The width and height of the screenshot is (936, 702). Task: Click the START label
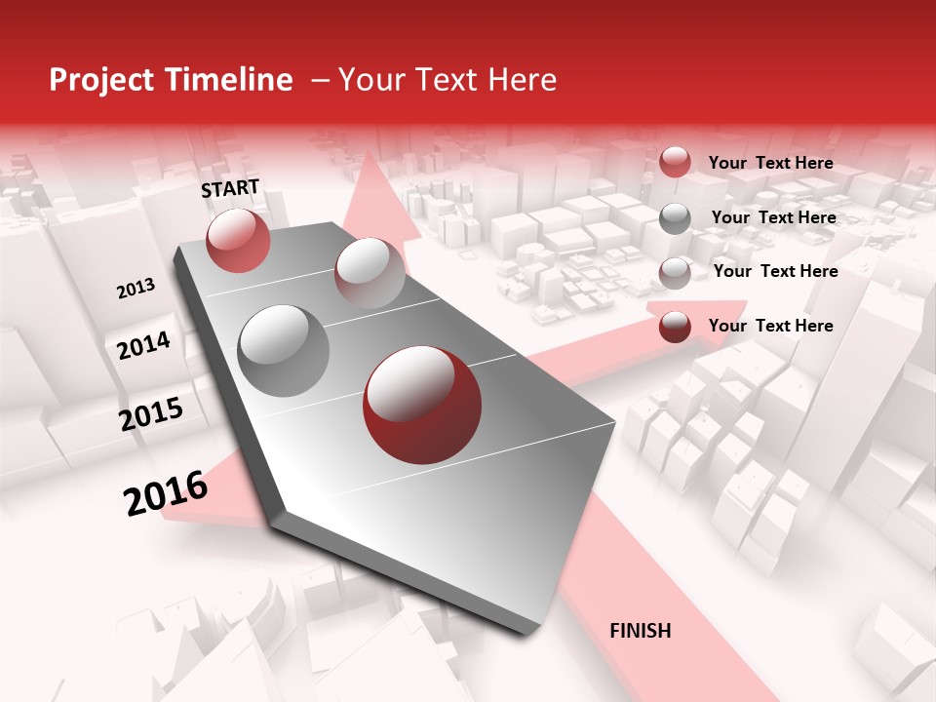[x=230, y=188]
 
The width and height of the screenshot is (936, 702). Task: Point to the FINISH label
[x=640, y=631]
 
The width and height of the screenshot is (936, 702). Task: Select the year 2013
[x=136, y=289]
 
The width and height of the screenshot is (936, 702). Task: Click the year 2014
[x=143, y=346]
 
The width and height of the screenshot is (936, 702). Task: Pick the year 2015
[x=151, y=414]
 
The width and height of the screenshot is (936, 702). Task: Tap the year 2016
[x=166, y=493]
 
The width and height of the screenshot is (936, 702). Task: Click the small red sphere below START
[x=238, y=240]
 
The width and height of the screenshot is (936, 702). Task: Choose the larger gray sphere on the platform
[x=284, y=351]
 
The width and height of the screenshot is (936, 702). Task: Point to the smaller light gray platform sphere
[x=370, y=273]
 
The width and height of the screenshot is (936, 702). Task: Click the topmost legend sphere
[x=675, y=162]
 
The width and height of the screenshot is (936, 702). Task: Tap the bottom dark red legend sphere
[x=675, y=327]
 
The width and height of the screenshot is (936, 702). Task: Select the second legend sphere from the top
[x=675, y=218]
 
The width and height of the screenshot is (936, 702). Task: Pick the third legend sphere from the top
[x=675, y=273]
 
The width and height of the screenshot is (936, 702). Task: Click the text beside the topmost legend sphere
[x=770, y=163]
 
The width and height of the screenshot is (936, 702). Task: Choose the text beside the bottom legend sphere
[x=770, y=326]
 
